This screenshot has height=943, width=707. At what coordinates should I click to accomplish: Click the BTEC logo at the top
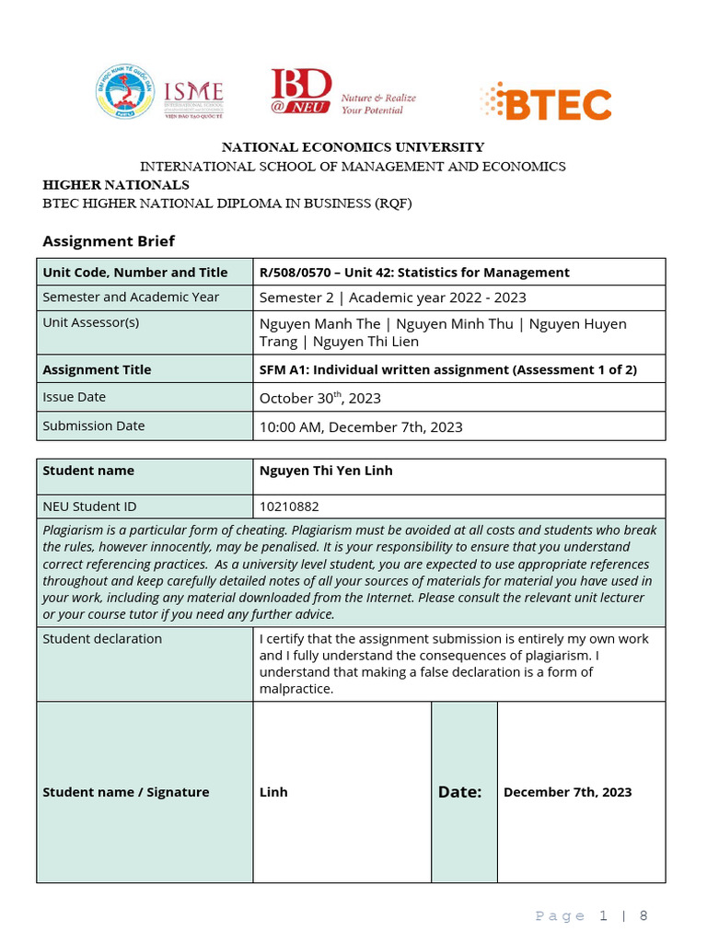(x=546, y=102)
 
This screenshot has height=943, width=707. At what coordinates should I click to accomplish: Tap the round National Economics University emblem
(x=124, y=95)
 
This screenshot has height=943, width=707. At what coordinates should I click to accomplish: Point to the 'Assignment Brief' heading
(x=109, y=241)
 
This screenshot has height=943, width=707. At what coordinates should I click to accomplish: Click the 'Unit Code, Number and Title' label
(x=134, y=273)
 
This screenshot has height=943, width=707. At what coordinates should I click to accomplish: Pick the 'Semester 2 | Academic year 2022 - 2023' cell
(x=392, y=297)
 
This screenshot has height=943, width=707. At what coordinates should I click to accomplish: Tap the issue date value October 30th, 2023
(x=319, y=398)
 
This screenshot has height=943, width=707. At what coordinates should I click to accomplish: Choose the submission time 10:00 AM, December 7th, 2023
(x=361, y=427)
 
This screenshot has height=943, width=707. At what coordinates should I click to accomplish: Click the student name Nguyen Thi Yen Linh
(x=326, y=471)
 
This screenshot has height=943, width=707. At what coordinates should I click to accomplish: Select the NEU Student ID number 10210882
(x=289, y=506)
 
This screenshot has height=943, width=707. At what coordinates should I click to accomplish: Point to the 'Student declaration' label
(x=102, y=639)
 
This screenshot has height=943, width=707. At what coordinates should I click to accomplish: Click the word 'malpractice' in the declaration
(x=296, y=689)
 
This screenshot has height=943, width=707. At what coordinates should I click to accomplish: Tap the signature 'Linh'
(x=273, y=792)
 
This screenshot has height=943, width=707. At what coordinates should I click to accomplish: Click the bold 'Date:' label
(x=459, y=792)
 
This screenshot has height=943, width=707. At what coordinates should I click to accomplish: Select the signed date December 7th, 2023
(x=567, y=792)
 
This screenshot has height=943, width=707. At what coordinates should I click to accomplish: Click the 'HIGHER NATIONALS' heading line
(x=116, y=185)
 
